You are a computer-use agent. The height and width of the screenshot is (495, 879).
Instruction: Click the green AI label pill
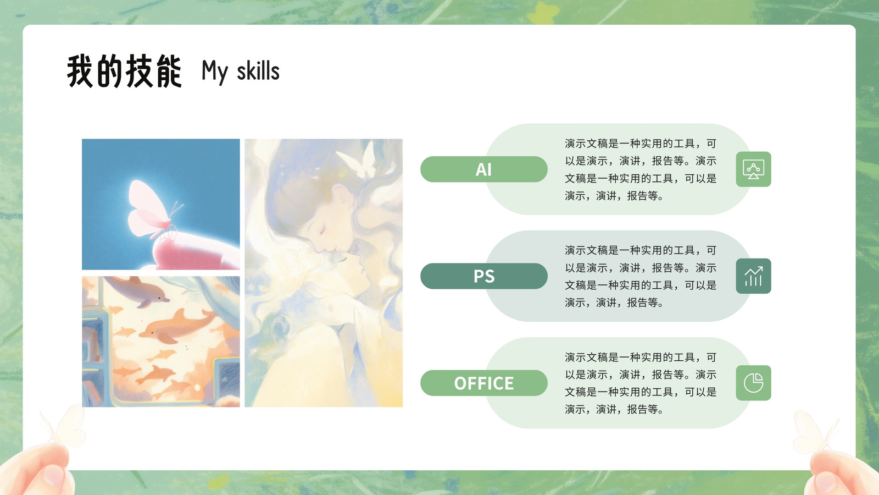point(484,169)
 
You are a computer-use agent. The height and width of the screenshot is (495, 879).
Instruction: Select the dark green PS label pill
point(484,276)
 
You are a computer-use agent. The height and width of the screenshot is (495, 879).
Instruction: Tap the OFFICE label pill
point(484,383)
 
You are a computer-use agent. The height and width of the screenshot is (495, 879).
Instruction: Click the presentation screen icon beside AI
point(753,169)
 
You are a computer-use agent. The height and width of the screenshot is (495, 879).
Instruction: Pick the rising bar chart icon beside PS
point(753,276)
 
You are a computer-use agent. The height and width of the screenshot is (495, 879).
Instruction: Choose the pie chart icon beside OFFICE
point(753,383)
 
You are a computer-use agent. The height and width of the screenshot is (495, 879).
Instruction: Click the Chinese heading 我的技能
point(124,71)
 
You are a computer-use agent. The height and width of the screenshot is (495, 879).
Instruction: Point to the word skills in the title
point(258,71)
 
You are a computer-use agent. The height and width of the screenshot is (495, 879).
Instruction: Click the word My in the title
point(215,72)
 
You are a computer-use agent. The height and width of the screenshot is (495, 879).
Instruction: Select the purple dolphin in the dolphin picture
point(137,291)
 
